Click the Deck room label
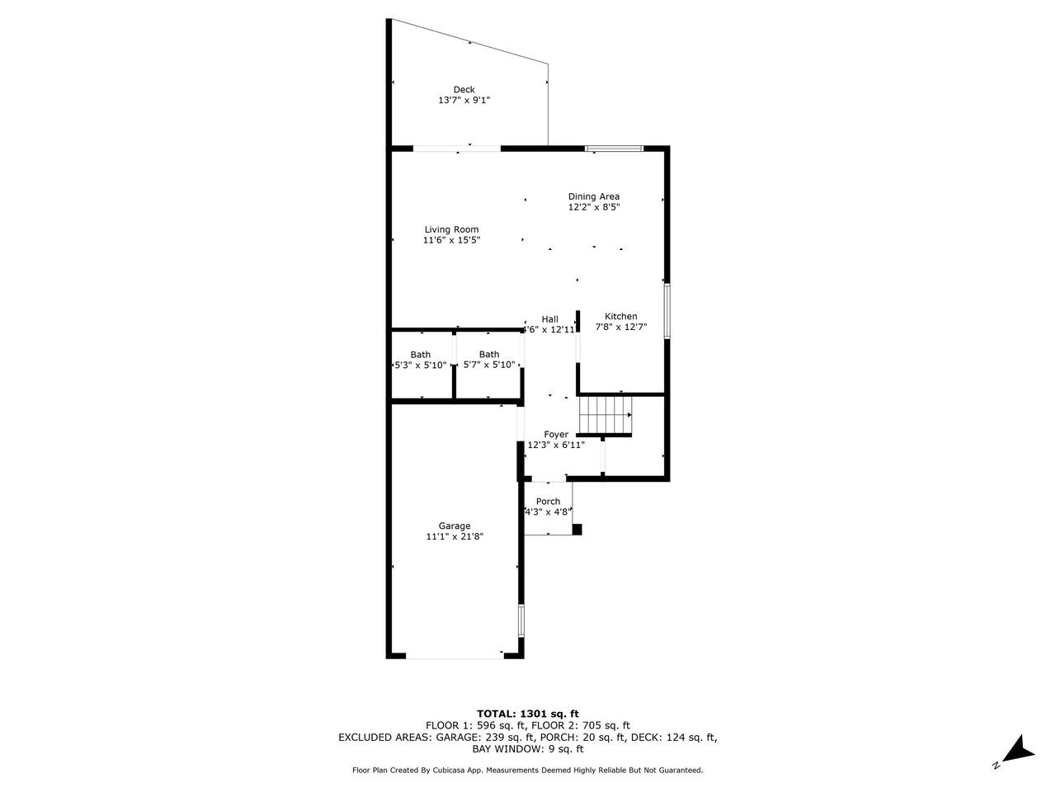point(464,89)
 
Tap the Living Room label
point(451,229)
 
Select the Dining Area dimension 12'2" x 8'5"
point(594,207)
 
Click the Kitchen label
point(620,317)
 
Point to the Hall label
point(550,319)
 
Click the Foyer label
point(556,434)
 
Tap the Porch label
point(548,501)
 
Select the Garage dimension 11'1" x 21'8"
point(454,536)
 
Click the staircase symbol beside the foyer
point(606,415)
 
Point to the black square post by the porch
point(577,530)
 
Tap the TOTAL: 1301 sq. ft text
point(528,714)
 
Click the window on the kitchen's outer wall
point(667,311)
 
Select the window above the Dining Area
point(614,148)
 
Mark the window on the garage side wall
point(521,620)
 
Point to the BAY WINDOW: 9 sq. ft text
point(527,749)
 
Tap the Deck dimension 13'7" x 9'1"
point(464,101)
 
